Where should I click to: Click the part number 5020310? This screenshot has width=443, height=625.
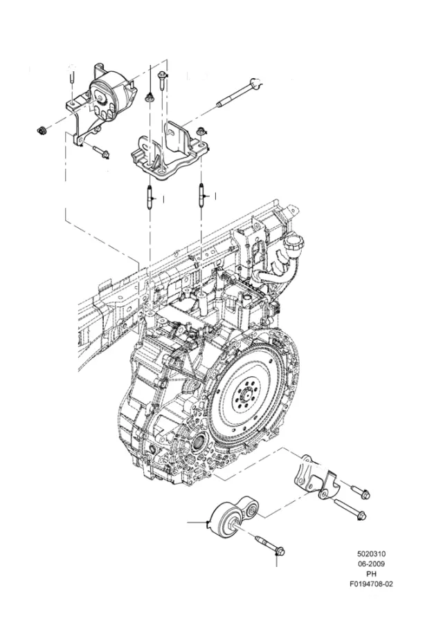tap(371, 554)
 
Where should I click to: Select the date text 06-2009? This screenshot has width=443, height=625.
tap(371, 563)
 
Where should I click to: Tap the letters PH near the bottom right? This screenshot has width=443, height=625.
tap(371, 574)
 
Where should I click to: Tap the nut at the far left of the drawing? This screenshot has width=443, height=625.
tap(41, 130)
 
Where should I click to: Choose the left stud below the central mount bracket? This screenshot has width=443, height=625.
tap(150, 197)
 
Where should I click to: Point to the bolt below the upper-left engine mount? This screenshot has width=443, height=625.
tap(101, 151)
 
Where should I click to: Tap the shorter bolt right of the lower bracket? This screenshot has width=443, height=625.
tap(361, 491)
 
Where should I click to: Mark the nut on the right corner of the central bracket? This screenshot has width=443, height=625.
tap(200, 131)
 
